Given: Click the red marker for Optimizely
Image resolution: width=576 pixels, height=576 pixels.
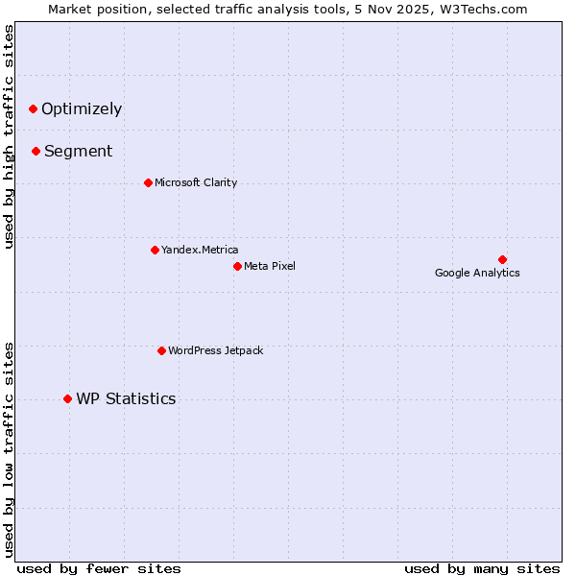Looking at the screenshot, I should (33, 108).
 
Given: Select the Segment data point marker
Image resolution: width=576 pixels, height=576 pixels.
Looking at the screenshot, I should (36, 151).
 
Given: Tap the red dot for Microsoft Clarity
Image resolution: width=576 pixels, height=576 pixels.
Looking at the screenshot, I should (148, 182).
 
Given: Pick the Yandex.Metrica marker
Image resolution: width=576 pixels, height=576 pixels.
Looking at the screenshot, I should (155, 250).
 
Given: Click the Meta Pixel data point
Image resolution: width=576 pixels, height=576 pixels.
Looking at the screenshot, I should (237, 266).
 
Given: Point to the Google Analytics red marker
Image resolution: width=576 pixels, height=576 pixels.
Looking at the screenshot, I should (502, 259).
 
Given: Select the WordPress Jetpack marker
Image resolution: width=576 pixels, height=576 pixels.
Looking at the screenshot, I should (161, 350).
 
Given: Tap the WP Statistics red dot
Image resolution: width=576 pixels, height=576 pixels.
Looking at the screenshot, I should (67, 398).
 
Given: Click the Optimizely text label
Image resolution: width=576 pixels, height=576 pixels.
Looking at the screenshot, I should (82, 108).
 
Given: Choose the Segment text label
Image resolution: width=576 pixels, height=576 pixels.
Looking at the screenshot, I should (79, 151).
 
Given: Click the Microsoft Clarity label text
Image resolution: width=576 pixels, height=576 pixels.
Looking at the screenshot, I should (196, 182).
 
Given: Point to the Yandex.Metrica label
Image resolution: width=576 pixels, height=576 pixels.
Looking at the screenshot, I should (200, 250).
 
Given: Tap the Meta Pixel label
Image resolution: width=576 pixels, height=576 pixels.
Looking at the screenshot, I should (270, 266).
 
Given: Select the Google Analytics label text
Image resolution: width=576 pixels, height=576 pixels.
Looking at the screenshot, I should (477, 273).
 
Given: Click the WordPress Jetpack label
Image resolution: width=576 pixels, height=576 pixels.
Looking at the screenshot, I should (215, 350).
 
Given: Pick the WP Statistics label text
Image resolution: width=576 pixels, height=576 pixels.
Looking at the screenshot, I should (126, 398).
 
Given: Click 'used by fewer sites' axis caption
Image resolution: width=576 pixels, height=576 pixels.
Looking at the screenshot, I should (99, 568).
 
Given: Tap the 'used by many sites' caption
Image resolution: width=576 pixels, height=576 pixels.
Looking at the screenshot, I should (482, 568).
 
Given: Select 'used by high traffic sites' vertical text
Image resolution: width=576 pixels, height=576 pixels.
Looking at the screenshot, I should (10, 136).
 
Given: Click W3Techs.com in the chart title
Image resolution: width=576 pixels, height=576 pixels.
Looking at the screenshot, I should (493, 10).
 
